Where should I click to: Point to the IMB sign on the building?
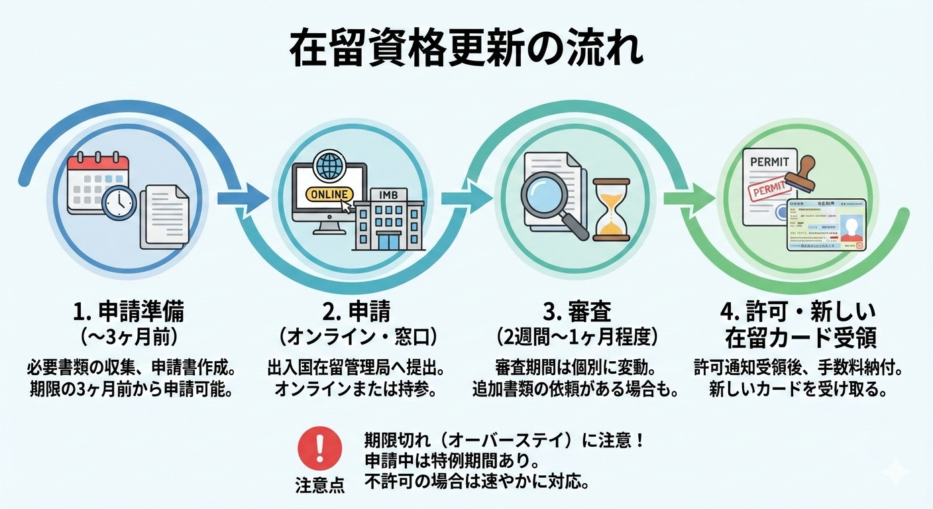(x=390, y=194)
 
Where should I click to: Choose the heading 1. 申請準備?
(x=129, y=311)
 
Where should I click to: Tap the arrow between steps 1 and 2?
(x=243, y=197)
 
